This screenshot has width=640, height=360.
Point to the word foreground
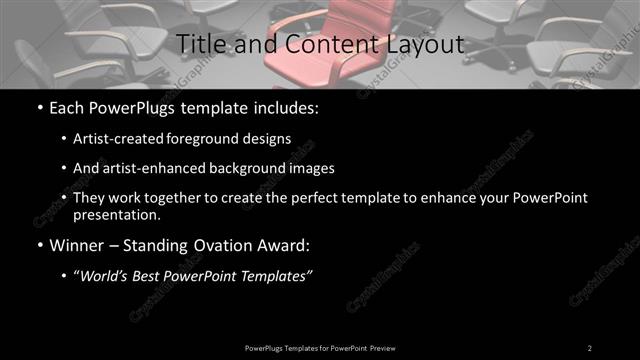click(x=219, y=138)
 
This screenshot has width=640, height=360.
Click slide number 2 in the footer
click(x=590, y=347)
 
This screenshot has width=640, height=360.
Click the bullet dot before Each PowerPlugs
click(x=38, y=107)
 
